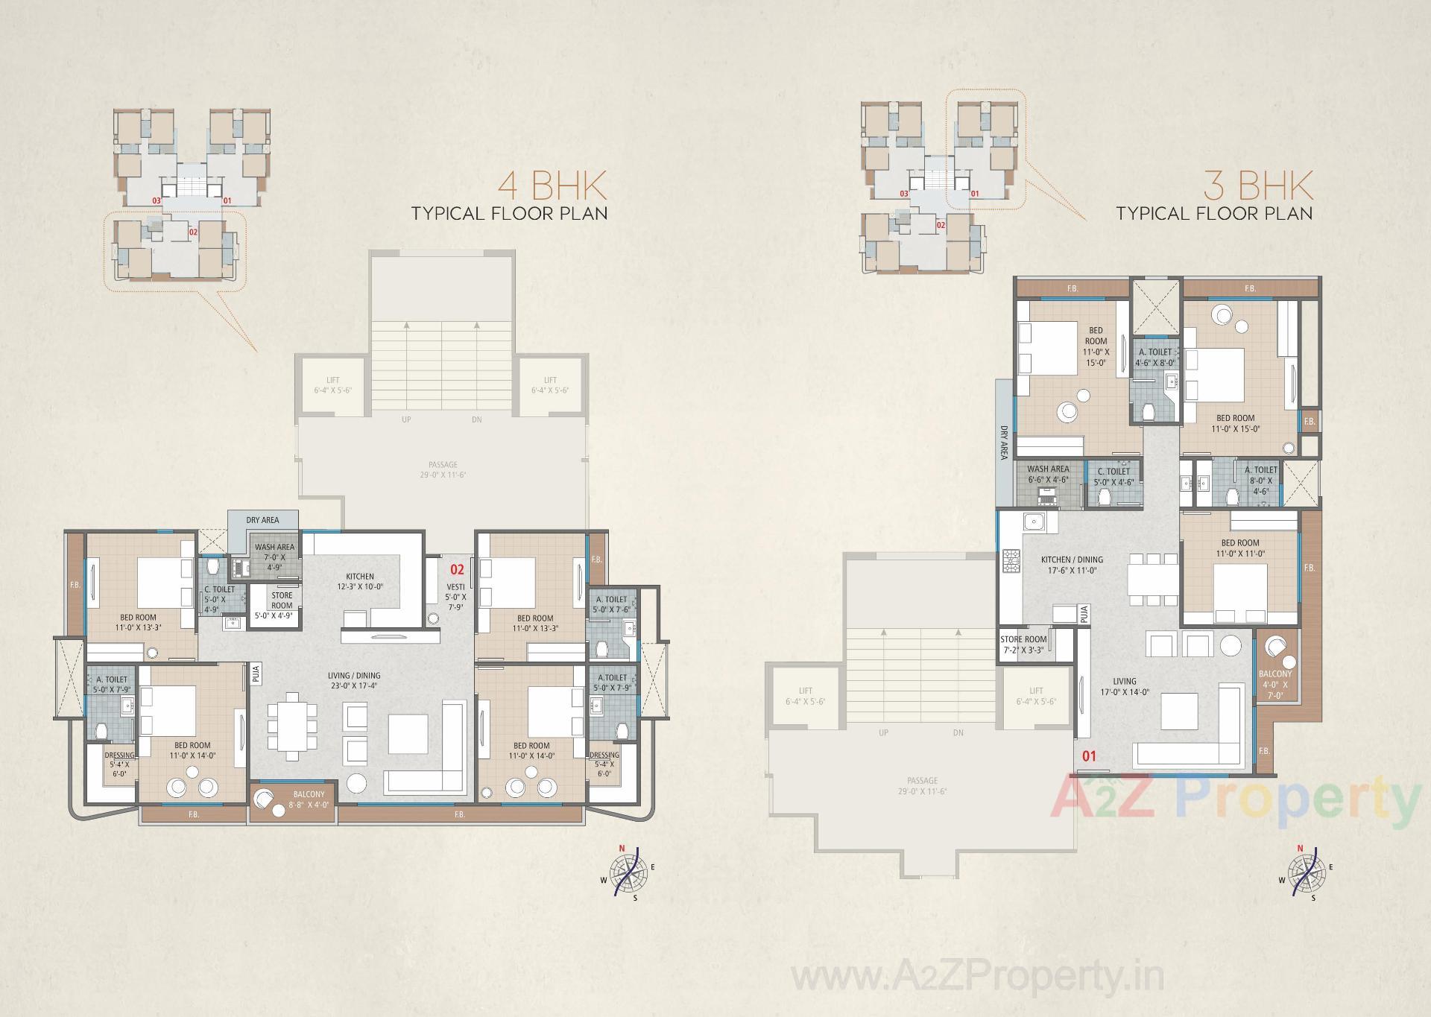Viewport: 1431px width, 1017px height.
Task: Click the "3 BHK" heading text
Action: point(1258,186)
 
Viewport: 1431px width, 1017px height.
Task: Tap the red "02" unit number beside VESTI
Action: point(457,570)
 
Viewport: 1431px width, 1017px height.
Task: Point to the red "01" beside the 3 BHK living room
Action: point(1089,756)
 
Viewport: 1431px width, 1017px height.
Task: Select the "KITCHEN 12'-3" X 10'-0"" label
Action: point(360,581)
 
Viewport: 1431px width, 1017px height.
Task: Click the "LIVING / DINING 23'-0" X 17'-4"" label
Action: point(354,680)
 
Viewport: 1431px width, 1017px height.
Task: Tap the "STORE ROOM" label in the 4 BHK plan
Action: point(282,601)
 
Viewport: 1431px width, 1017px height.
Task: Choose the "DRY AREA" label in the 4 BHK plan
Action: point(262,520)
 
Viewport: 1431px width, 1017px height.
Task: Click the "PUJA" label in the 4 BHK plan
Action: point(256,674)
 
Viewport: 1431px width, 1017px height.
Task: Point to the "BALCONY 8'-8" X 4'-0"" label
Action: point(309,799)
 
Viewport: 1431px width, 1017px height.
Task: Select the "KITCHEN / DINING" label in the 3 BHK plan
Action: point(1072,565)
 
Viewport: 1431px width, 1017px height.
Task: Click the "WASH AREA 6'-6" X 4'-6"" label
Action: point(1048,475)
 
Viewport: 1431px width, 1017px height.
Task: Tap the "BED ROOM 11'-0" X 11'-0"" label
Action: point(1240,548)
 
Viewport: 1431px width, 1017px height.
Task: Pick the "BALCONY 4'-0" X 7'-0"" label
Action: point(1275,684)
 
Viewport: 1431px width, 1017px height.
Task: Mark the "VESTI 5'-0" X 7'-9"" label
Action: point(456,597)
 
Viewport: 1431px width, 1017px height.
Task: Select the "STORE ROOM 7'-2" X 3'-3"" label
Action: point(1023,644)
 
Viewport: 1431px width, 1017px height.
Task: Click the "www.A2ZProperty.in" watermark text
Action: point(978,976)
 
